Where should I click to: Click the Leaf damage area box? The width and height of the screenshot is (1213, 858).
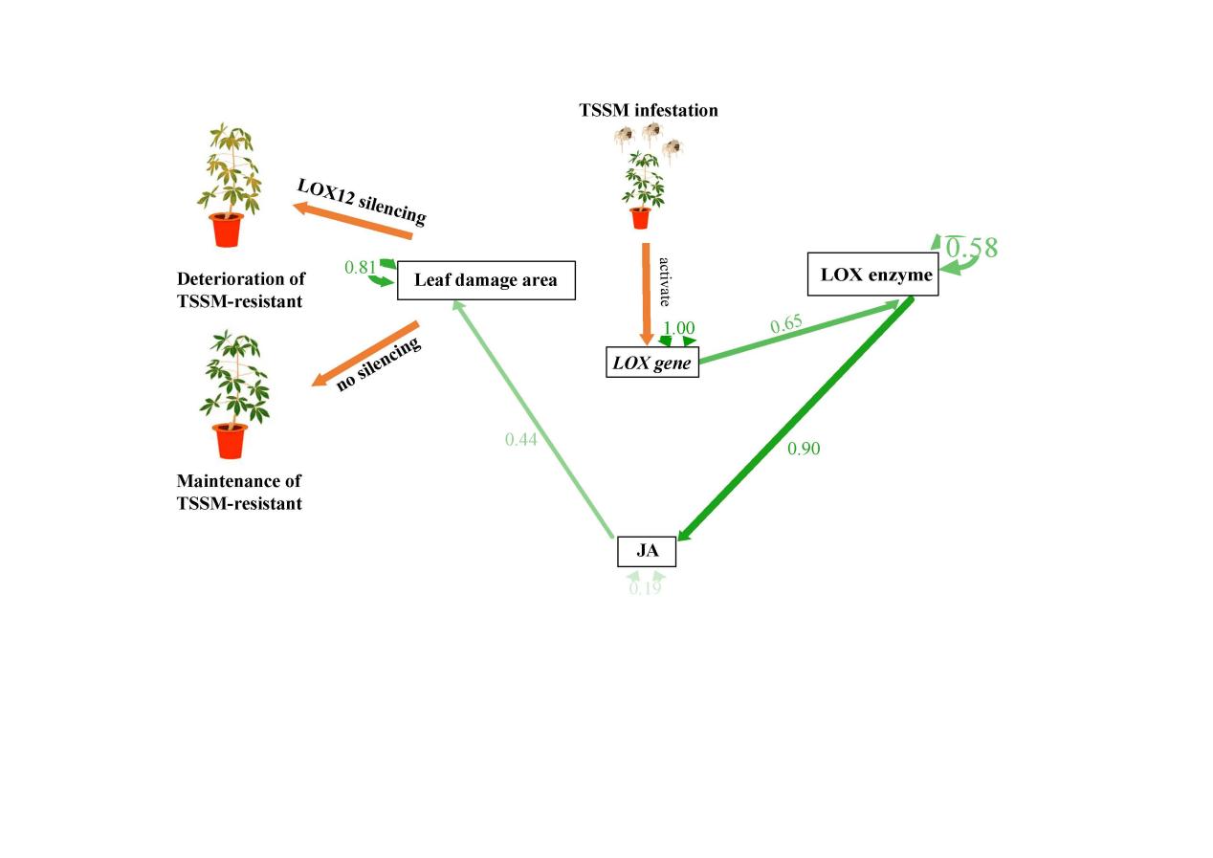click(486, 281)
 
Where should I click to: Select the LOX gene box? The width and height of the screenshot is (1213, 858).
click(652, 363)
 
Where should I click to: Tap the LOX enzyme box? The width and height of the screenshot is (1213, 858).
click(873, 275)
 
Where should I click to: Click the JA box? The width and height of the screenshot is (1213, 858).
click(647, 552)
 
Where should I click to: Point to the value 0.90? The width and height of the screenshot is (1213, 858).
click(804, 448)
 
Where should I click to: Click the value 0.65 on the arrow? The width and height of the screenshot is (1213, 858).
click(786, 324)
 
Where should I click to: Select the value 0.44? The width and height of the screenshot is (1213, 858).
click(521, 439)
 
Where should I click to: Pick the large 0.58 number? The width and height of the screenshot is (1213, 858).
click(972, 249)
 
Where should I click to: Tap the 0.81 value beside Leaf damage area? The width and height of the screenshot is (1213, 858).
click(360, 268)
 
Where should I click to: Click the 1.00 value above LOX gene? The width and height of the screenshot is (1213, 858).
click(678, 328)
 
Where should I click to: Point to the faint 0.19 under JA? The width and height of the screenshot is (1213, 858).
click(645, 588)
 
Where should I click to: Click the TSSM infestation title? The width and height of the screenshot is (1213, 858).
click(649, 110)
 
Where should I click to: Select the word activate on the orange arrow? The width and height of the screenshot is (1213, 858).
click(665, 279)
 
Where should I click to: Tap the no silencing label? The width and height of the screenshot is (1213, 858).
click(378, 364)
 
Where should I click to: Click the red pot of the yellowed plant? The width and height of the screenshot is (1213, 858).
click(227, 231)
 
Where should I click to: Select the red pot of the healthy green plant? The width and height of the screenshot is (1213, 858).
click(230, 441)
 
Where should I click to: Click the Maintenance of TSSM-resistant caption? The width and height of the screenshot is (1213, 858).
click(239, 492)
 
